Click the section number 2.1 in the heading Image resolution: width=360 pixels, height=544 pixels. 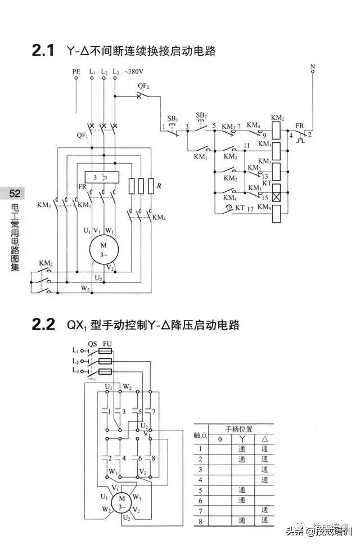[x=43, y=51]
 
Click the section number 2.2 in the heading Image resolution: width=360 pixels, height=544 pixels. [x=43, y=325]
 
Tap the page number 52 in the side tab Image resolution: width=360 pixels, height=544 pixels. [x=15, y=194]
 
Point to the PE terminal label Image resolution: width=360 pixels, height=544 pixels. [x=76, y=73]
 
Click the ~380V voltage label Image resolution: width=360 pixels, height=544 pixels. [x=133, y=73]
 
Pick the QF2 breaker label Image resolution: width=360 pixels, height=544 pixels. [x=143, y=86]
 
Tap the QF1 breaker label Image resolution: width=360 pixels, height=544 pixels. [x=83, y=136]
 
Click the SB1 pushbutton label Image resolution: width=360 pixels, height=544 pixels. [x=172, y=119]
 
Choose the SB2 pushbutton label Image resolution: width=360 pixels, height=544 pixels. [x=201, y=115]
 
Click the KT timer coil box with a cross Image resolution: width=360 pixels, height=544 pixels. [x=277, y=197]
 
